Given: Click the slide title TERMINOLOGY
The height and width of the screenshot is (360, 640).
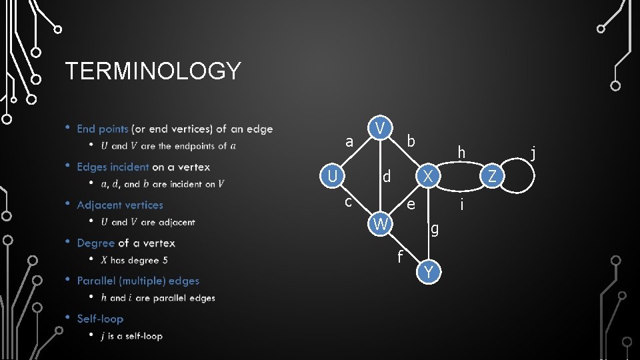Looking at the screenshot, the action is (153, 71).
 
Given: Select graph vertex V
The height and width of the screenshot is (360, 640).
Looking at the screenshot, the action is (379, 128).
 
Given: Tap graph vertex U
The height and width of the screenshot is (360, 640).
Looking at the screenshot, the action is (331, 177).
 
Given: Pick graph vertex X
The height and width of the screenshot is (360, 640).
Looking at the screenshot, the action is (429, 177).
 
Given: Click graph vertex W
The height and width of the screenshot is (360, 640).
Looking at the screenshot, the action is (380, 225).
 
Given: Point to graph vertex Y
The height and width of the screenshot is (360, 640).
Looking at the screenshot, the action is (429, 272).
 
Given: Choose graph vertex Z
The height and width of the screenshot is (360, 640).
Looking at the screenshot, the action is (492, 177).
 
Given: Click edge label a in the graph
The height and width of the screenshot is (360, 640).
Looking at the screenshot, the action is (349, 142).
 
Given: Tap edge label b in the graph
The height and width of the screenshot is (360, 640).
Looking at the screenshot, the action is (411, 141).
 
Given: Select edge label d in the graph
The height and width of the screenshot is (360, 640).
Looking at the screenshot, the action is (386, 177).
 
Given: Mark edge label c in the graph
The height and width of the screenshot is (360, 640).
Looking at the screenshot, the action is (348, 200).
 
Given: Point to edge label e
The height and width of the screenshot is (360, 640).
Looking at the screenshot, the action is (411, 205).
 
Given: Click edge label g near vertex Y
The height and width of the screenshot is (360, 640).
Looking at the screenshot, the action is (435, 229).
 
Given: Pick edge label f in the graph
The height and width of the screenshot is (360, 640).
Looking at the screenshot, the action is (399, 255).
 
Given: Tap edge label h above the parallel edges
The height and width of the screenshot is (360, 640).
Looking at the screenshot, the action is (461, 153).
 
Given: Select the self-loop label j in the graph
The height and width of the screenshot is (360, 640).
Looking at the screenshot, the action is (533, 154).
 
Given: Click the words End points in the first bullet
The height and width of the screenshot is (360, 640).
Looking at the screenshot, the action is (103, 129).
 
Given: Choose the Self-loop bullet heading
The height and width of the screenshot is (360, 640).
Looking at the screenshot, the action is (99, 319).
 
